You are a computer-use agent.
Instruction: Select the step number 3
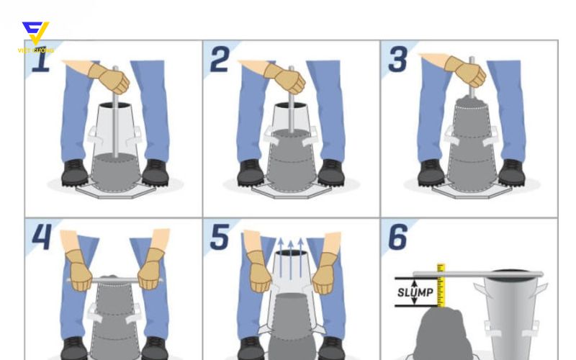pyautogui.click(x=398, y=60)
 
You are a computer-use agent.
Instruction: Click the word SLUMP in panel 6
pyautogui.click(x=415, y=293)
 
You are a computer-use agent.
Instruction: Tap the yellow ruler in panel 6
pyautogui.click(x=441, y=285)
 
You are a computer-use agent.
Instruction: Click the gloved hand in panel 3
pyautogui.click(x=465, y=72)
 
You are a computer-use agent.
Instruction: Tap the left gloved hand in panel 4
pyautogui.click(x=78, y=269)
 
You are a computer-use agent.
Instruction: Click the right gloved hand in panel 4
pyautogui.click(x=151, y=269)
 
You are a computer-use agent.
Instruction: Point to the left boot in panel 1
pyautogui.click(x=75, y=172)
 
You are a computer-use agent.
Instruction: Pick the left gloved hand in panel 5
pyautogui.click(x=258, y=271)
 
